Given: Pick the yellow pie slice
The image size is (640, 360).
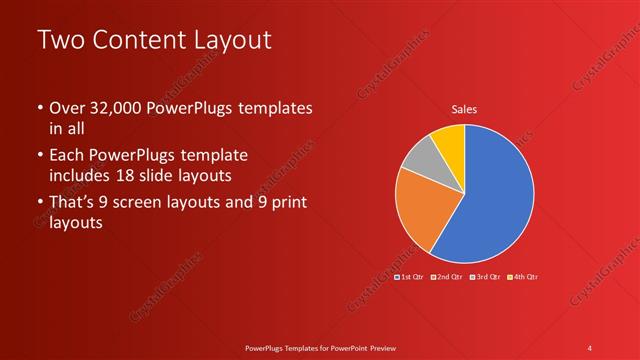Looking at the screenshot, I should (448, 144).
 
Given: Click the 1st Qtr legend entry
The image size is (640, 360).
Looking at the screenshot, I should (411, 276).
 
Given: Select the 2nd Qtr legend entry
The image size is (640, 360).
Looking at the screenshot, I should (449, 276).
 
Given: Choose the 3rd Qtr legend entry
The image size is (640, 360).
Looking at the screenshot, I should (486, 276).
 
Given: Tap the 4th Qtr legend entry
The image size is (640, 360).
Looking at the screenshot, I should (524, 276).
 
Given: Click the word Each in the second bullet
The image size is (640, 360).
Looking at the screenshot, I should (68, 156).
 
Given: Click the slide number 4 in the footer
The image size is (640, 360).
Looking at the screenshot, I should (590, 347).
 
